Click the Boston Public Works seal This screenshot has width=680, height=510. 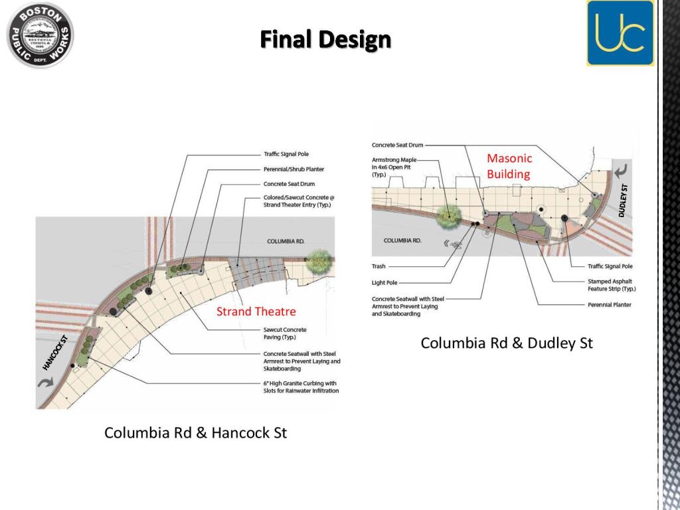point(40,35)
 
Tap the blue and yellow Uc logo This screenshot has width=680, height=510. point(620,33)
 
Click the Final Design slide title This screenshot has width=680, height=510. point(325,40)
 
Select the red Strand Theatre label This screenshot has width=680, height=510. point(256,311)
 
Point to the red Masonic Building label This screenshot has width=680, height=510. point(509,166)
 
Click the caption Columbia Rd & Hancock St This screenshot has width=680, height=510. point(196,433)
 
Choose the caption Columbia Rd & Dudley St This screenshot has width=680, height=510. point(507,343)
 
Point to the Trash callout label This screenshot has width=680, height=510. point(379,266)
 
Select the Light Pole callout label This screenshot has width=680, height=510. point(384,283)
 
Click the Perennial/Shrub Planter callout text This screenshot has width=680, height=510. point(294,169)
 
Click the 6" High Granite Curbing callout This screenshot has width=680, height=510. point(301,387)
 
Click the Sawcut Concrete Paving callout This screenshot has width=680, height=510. point(285,333)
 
